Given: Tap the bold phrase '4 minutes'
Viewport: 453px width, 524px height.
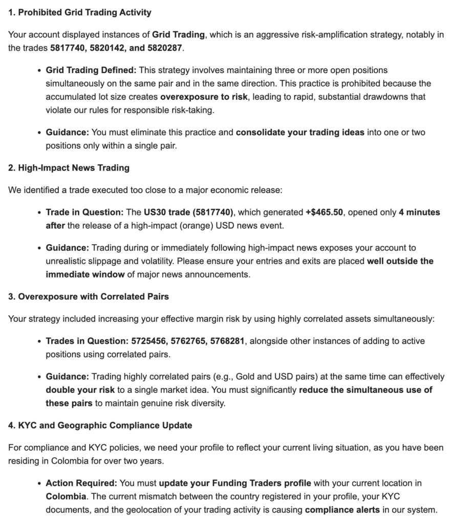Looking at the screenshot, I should pos(419,212).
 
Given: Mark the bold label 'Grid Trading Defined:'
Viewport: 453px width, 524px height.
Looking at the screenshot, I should pos(91,70).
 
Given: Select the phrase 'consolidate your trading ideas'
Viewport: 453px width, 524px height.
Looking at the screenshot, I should pos(300,132).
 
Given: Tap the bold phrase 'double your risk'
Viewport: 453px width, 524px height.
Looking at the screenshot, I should pos(80,390).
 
